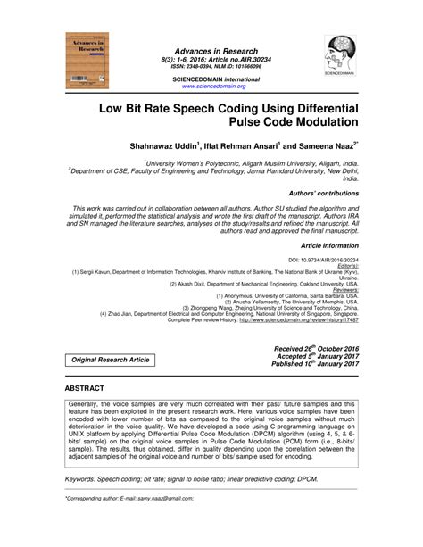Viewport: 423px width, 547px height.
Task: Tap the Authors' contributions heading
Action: tap(322, 193)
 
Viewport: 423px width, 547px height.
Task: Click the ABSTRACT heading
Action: tap(85, 389)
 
